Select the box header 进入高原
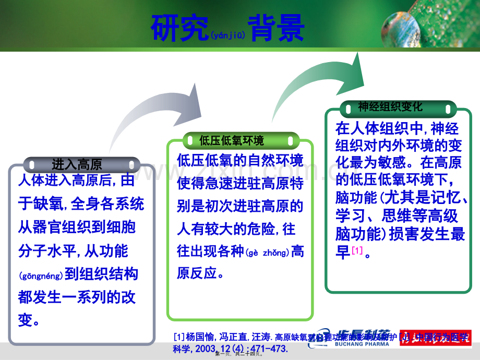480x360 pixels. click(x=77, y=164)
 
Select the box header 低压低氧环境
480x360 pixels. click(x=232, y=140)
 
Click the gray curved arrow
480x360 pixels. click(x=157, y=112)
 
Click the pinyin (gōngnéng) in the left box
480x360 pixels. click(x=41, y=275)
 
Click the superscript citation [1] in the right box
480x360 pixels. click(x=357, y=251)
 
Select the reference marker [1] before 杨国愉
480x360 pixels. click(x=179, y=337)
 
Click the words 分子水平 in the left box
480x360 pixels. click(x=46, y=251)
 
